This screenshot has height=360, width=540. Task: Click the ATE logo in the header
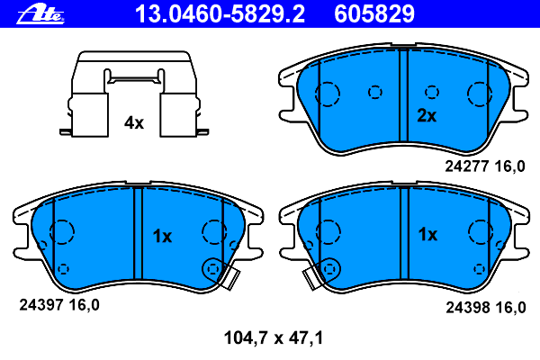(x=40, y=14)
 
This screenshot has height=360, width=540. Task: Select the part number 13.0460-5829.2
(x=220, y=14)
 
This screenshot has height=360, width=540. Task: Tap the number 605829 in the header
(x=374, y=14)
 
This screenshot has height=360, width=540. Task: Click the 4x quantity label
(x=134, y=122)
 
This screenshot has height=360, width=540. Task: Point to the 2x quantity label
(x=427, y=115)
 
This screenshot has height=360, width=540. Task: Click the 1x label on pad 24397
(x=162, y=237)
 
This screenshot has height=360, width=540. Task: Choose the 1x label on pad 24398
(x=427, y=235)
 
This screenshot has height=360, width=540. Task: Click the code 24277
(x=467, y=166)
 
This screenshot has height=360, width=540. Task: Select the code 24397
(x=41, y=305)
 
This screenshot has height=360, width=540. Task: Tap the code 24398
(x=468, y=307)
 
